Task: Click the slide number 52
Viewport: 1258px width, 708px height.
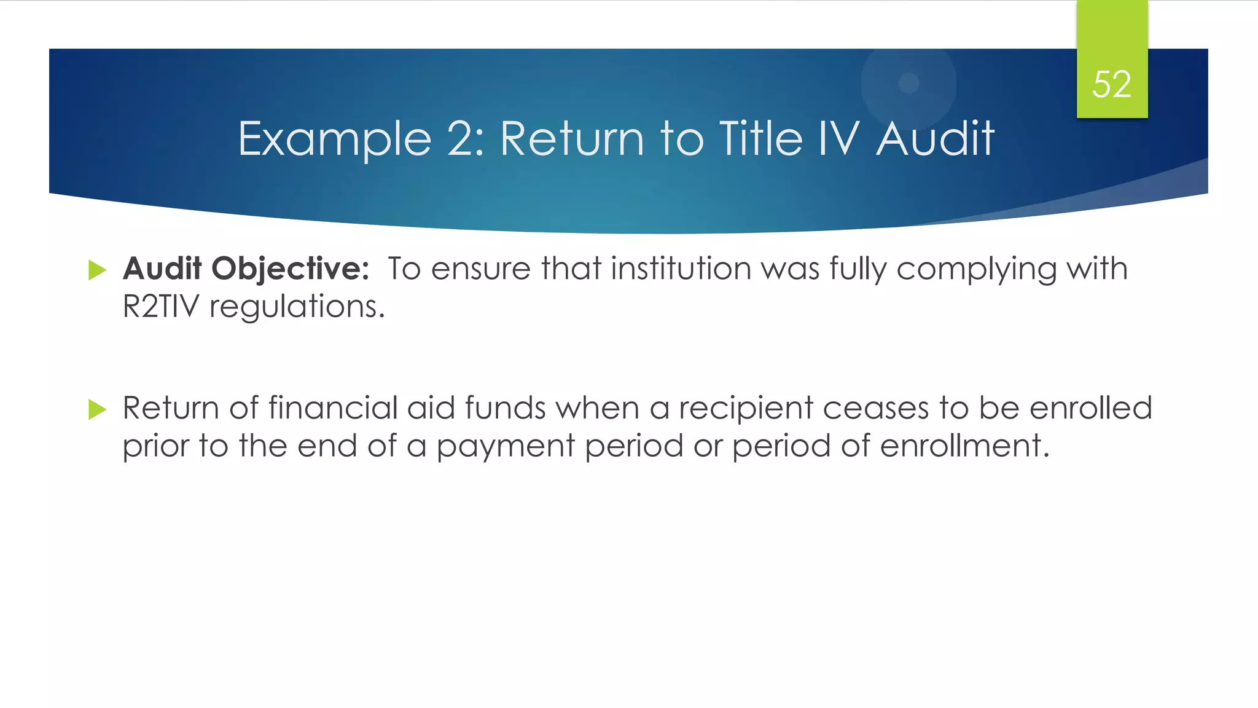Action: [1111, 84]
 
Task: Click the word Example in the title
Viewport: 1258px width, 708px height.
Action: [335, 139]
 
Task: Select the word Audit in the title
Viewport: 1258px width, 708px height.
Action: [934, 138]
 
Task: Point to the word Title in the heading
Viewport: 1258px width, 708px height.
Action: [760, 138]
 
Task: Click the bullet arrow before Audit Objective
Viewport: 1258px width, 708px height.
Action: [97, 270]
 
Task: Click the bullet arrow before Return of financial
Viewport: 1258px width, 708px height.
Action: [97, 409]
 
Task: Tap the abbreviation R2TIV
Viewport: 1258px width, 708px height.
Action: [161, 306]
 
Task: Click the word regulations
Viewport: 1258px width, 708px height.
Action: [297, 307]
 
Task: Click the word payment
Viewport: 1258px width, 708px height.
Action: [506, 447]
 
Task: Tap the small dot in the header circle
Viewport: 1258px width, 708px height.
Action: [908, 83]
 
